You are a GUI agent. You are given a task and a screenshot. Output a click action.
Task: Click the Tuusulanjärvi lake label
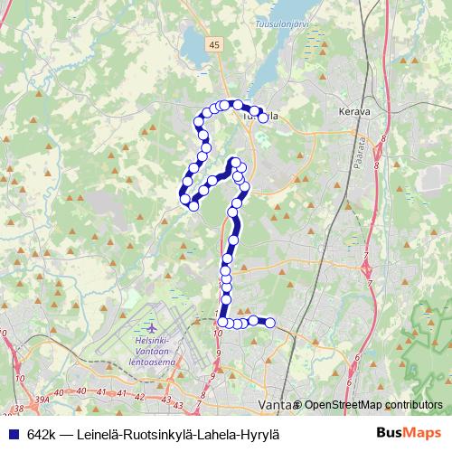[x=283, y=24]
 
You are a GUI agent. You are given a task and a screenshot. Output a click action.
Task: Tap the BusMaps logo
[x=410, y=433]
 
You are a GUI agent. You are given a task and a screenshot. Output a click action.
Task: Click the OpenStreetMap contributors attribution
[x=372, y=404]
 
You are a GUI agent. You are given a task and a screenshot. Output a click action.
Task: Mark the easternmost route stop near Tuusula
[x=263, y=118]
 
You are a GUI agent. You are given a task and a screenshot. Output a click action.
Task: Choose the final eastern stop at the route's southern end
[x=269, y=323]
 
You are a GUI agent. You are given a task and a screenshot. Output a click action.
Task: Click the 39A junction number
[x=43, y=397]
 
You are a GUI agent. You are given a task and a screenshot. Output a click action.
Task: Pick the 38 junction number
[x=18, y=410]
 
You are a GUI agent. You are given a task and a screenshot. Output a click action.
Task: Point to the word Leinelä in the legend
[x=106, y=434]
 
